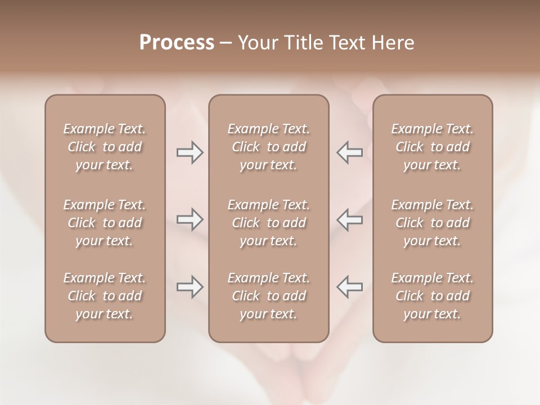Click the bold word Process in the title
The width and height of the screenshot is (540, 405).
[177, 43]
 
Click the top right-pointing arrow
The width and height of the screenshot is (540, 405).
[190, 152]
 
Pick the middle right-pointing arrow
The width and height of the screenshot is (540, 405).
[190, 219]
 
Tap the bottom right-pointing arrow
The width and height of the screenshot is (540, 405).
[190, 287]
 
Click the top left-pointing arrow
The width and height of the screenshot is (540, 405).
[349, 152]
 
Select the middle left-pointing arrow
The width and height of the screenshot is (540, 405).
[349, 219]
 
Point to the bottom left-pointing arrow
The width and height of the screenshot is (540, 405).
[349, 287]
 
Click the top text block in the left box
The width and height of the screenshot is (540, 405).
[105, 147]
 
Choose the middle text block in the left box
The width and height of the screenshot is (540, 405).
[105, 223]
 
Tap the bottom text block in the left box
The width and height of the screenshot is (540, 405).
[105, 296]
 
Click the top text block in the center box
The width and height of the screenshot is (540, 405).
[268, 147]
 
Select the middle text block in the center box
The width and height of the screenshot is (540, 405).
[268, 223]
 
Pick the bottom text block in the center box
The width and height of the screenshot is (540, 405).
[268, 296]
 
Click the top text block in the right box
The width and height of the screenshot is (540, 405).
[432, 147]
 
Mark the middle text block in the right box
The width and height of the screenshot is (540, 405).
[432, 223]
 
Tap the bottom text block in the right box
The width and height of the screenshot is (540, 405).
[432, 296]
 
